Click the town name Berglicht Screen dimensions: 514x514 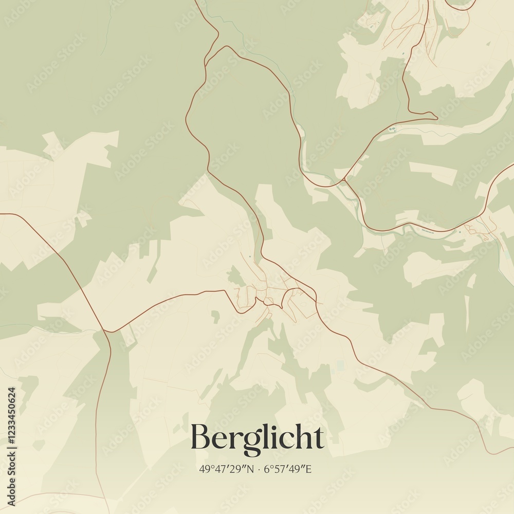(257, 438)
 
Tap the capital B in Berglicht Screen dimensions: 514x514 (200, 438)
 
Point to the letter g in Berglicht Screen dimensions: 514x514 (252, 442)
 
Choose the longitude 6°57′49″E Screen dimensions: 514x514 (288, 469)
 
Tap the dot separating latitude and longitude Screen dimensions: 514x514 (259, 469)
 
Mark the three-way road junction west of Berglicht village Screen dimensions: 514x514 (105, 332)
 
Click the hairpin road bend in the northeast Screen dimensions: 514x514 (436, 117)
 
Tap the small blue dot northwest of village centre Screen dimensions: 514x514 (250, 256)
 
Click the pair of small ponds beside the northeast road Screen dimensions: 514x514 (393, 128)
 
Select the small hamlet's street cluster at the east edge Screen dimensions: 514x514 (481, 229)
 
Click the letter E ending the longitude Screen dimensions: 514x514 (308, 469)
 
